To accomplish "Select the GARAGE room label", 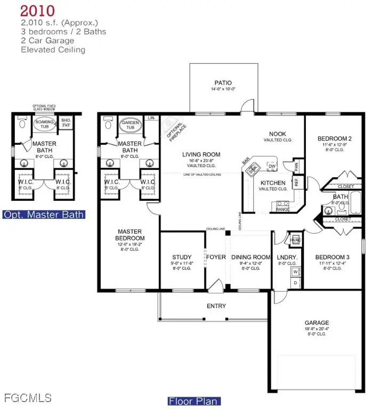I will pyautogui.click(x=317, y=322).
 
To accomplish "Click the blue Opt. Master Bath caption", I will pyautogui.click(x=44, y=215).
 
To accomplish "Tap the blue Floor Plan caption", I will pyautogui.click(x=194, y=401).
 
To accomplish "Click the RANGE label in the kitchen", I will pyautogui.click(x=282, y=209).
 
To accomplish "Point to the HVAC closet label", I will pyautogui.click(x=295, y=240).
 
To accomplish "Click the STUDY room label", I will pyautogui.click(x=182, y=257).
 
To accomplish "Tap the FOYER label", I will pyautogui.click(x=216, y=257).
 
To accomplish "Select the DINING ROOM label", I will pyautogui.click(x=250, y=257).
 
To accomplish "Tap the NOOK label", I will pyautogui.click(x=278, y=134).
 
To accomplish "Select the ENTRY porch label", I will pyautogui.click(x=216, y=306).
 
